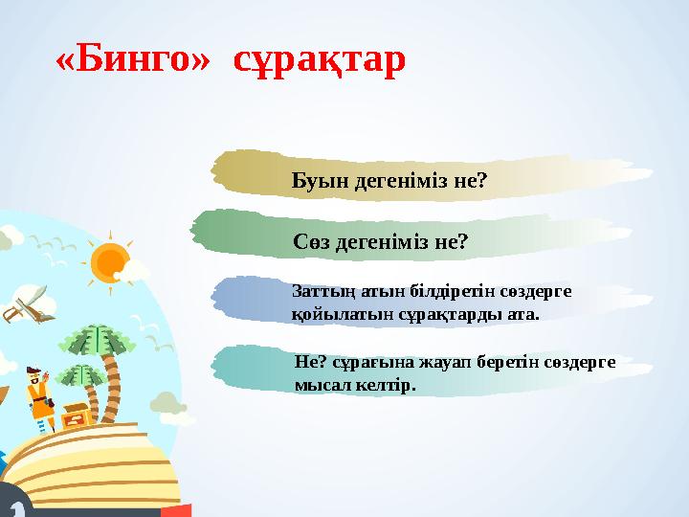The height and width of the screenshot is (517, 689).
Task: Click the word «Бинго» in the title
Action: tap(132, 60)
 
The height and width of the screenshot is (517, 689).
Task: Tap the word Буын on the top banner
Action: tap(321, 180)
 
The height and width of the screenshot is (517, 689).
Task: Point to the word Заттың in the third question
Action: tap(317, 290)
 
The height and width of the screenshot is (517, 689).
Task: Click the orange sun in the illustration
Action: tap(109, 262)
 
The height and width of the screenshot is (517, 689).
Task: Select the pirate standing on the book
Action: tap(38, 397)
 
